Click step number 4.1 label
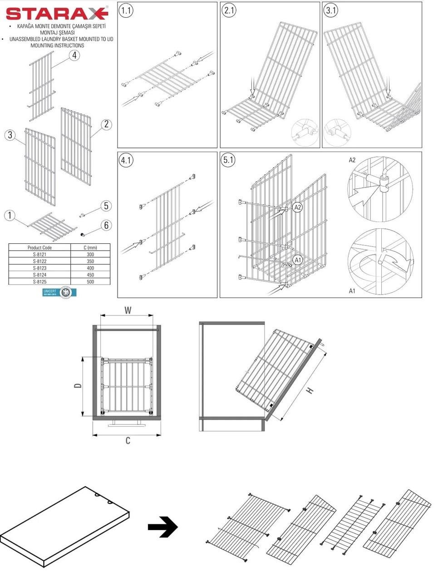pyautogui.click(x=126, y=160)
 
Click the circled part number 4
pyautogui.click(x=74, y=55)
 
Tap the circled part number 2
pyautogui.click(x=106, y=124)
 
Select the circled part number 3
pyautogui.click(x=10, y=135)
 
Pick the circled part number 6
pyautogui.click(x=106, y=225)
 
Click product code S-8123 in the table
pyautogui.click(x=39, y=268)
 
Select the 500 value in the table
pyautogui.click(x=91, y=281)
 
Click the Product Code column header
pyautogui.click(x=39, y=247)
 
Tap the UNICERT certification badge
pyautogui.click(x=59, y=292)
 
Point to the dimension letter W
pyautogui.click(x=128, y=310)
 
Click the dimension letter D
pyautogui.click(x=78, y=386)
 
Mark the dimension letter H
pyautogui.click(x=310, y=390)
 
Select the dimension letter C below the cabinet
pyautogui.click(x=128, y=440)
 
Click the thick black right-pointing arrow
pyautogui.click(x=162, y=527)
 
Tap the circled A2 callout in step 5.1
pyautogui.click(x=298, y=207)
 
